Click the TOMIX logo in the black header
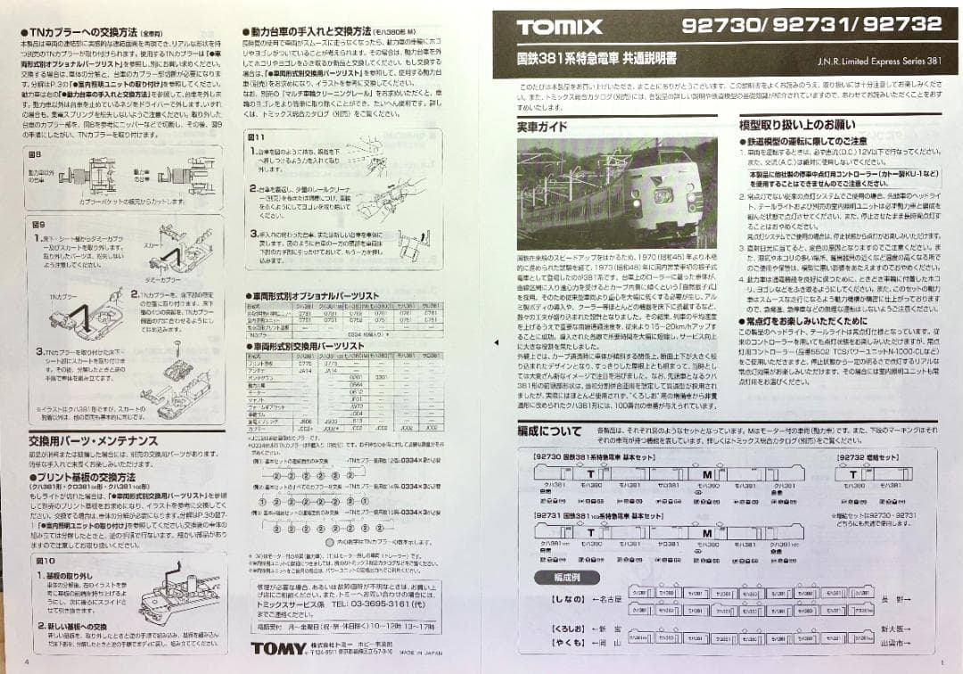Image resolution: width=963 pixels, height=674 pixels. pyautogui.click(x=559, y=27)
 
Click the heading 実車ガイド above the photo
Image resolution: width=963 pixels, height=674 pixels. pyautogui.click(x=542, y=127)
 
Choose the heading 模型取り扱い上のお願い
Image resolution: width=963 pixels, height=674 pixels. pyautogui.click(x=796, y=125)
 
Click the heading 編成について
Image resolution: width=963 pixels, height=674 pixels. pyautogui.click(x=549, y=431)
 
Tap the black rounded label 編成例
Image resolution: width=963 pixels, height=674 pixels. pyautogui.click(x=561, y=577)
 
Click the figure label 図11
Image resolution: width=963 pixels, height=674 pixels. pyautogui.click(x=256, y=136)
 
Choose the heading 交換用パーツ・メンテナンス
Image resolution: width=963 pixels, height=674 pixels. pyautogui.click(x=93, y=440)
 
